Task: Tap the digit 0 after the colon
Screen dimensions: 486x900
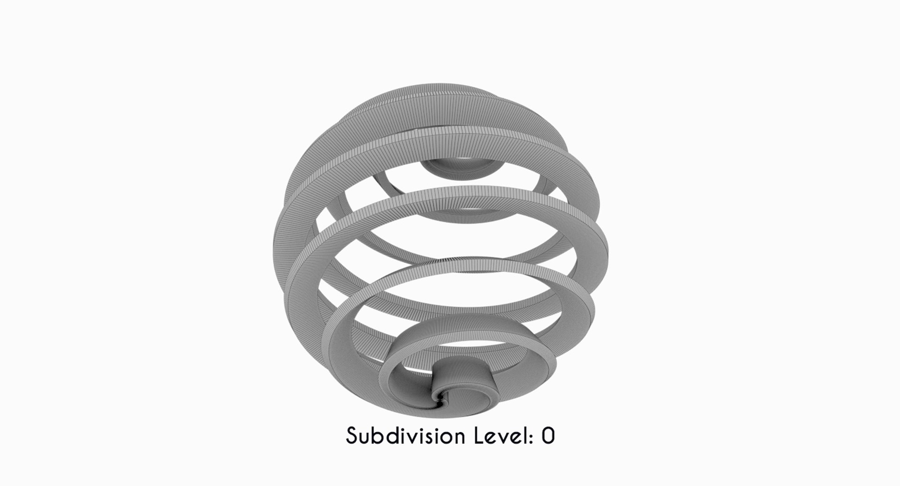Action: pos(548,436)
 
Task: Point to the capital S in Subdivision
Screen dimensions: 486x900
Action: pos(352,436)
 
